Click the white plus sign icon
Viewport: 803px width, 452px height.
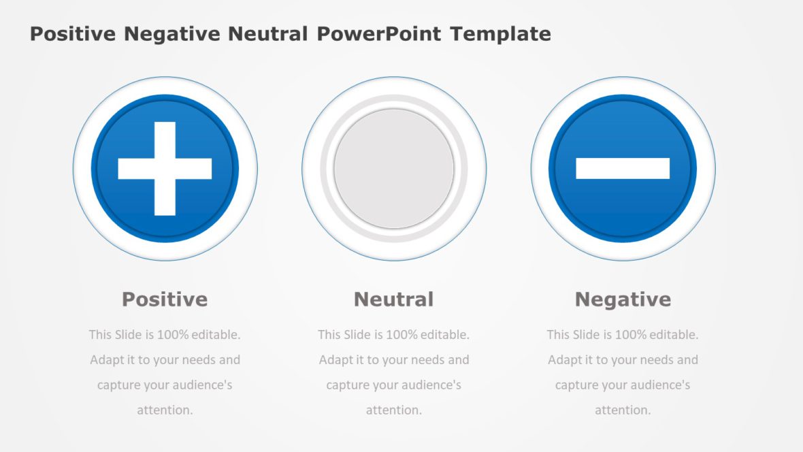coord(165,169)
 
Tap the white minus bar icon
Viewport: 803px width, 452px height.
coord(623,169)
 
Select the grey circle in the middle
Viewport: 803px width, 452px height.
coord(394,169)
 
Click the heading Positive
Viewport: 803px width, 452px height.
coord(165,300)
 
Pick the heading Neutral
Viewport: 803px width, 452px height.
coord(393,300)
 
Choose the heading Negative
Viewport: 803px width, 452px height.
coord(623,300)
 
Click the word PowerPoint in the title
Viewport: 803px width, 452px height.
coord(378,34)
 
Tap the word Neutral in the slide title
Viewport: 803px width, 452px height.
coord(267,34)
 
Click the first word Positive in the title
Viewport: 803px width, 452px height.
coord(73,34)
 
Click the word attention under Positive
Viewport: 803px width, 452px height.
coord(165,410)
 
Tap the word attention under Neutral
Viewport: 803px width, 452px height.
coord(394,410)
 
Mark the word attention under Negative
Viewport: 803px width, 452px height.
coord(623,410)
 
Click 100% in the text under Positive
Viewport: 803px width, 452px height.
coord(173,335)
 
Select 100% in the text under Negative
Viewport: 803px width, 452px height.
coord(631,335)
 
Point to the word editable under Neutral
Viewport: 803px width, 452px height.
coord(445,335)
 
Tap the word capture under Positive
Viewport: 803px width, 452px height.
coord(118,385)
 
